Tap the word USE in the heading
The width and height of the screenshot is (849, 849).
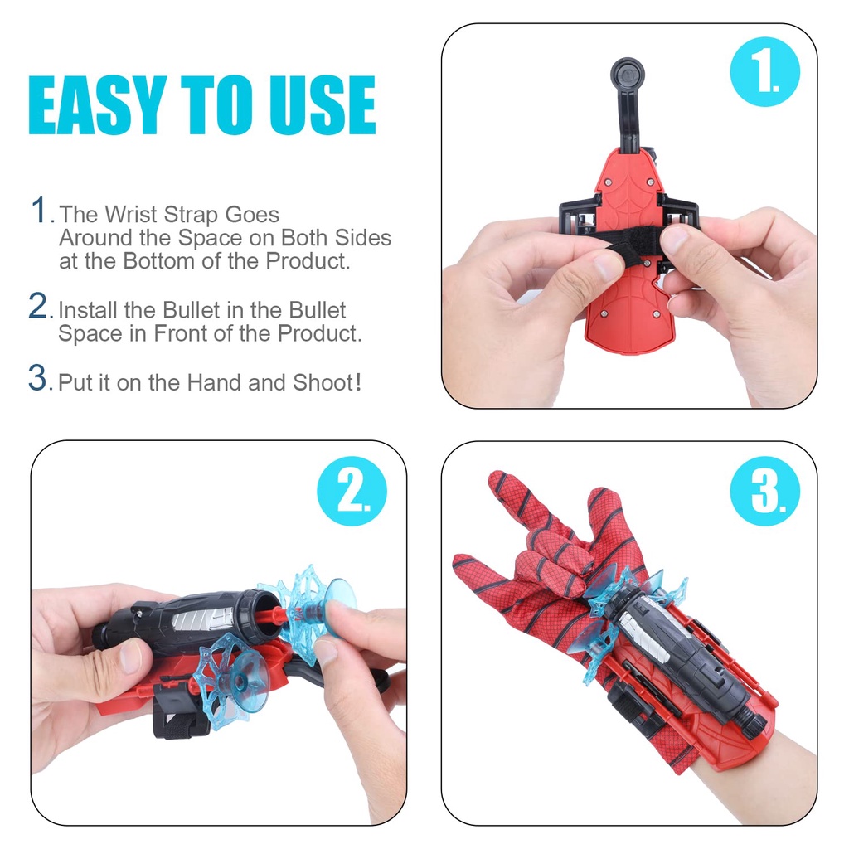tap(323, 104)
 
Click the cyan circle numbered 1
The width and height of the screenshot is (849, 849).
tap(764, 71)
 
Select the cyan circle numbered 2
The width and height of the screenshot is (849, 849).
tap(352, 491)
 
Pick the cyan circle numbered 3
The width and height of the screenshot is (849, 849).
tap(764, 491)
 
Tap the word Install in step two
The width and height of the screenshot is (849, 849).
tap(88, 310)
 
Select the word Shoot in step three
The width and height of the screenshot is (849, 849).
tap(323, 383)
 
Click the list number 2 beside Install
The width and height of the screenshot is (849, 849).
tap(38, 307)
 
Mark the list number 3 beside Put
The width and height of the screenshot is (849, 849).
tap(38, 377)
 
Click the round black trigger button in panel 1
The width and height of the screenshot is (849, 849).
tap(628, 74)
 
